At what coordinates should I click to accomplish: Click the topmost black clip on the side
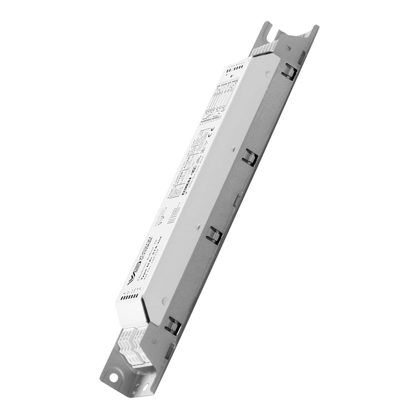point(289,72)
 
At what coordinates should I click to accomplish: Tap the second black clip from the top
point(250,157)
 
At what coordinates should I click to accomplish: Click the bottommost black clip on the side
point(173,325)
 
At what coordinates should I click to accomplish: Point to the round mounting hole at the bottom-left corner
point(112,378)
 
